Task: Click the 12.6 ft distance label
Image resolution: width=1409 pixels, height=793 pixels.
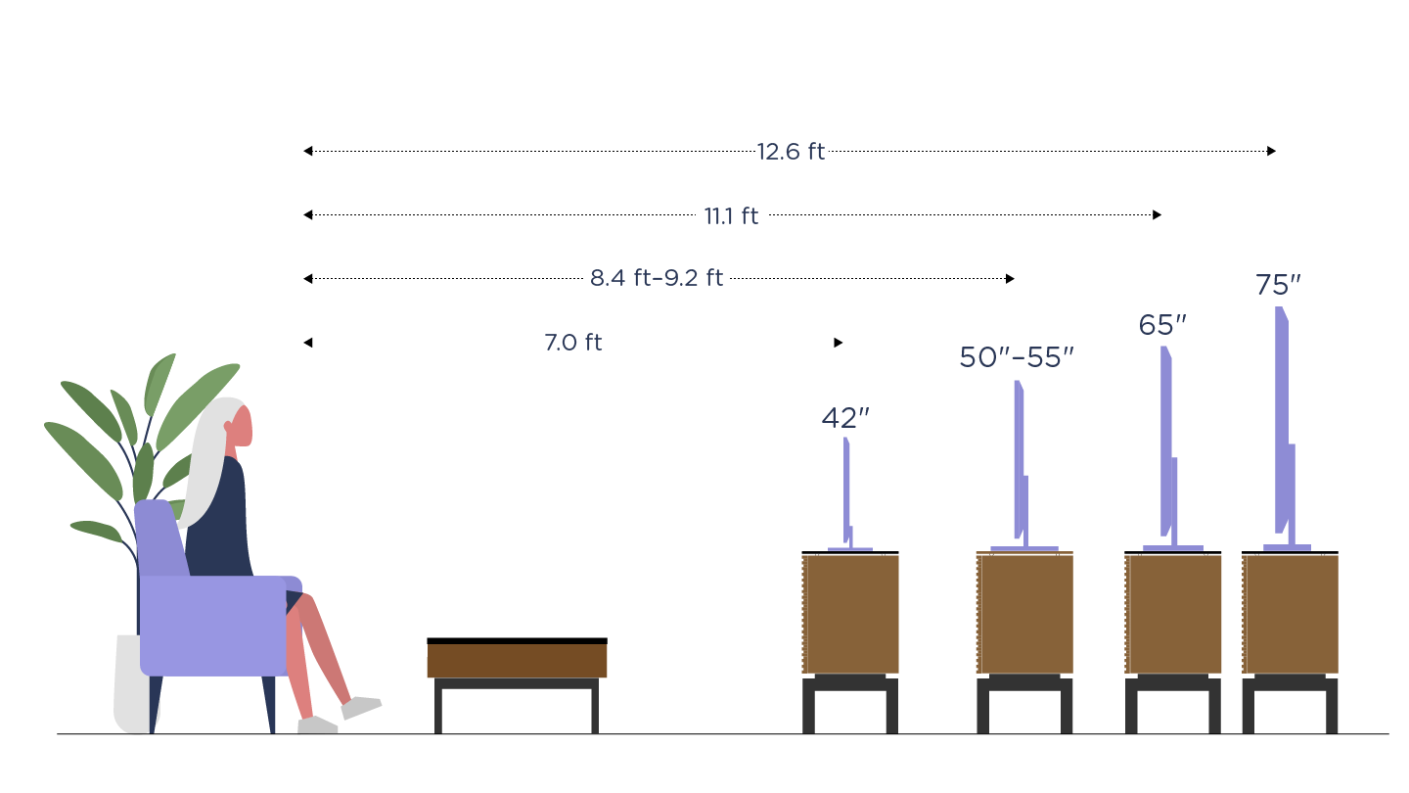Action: pyautogui.click(x=791, y=152)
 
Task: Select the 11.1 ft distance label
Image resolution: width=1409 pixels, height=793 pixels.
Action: pyautogui.click(x=731, y=216)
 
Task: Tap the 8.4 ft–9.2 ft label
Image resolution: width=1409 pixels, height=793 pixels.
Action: pyautogui.click(x=657, y=279)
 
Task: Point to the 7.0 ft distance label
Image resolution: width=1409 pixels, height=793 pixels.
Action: pyautogui.click(x=573, y=343)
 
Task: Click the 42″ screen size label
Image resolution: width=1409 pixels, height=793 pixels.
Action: pyautogui.click(x=845, y=418)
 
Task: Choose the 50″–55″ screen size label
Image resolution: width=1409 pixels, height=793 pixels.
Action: pyautogui.click(x=1017, y=358)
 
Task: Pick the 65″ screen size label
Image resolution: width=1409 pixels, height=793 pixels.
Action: pyautogui.click(x=1162, y=326)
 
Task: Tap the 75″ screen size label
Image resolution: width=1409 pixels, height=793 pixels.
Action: pyautogui.click(x=1278, y=286)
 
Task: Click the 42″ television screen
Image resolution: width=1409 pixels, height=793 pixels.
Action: pyautogui.click(x=846, y=490)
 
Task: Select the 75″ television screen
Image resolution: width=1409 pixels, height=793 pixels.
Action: pyautogui.click(x=1282, y=421)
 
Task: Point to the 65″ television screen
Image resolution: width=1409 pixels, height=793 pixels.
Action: pyautogui.click(x=1166, y=441)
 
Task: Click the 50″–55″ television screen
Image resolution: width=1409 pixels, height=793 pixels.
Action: pyautogui.click(x=1019, y=460)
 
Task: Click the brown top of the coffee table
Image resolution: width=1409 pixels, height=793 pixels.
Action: pyautogui.click(x=517, y=660)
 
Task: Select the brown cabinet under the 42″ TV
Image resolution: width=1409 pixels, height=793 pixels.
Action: pyautogui.click(x=849, y=614)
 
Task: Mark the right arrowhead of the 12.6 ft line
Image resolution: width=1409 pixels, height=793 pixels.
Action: pyautogui.click(x=1271, y=151)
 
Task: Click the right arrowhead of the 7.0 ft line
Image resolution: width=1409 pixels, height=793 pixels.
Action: pyautogui.click(x=838, y=343)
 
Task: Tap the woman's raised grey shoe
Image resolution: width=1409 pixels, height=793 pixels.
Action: pyautogui.click(x=361, y=707)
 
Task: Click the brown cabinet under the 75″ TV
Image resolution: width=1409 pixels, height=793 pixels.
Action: pyautogui.click(x=1290, y=614)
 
